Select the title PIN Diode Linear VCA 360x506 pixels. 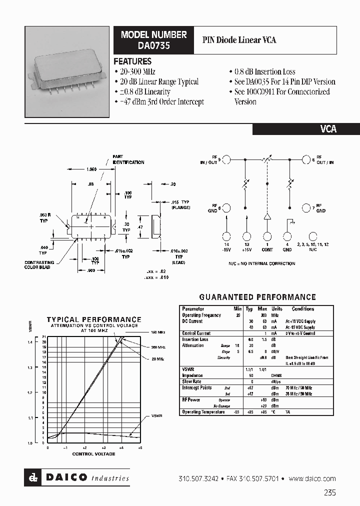(x=239, y=39)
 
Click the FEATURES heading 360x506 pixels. (x=132, y=61)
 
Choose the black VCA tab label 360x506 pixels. (x=328, y=129)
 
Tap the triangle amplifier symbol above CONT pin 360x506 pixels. (x=267, y=217)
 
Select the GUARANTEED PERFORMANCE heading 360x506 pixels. (x=257, y=297)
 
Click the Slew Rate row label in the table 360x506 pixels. (x=192, y=381)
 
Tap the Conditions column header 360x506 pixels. (x=303, y=309)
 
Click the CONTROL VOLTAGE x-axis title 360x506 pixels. (x=93, y=454)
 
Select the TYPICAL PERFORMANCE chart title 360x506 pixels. (x=94, y=319)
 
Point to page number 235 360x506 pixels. (x=329, y=492)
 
